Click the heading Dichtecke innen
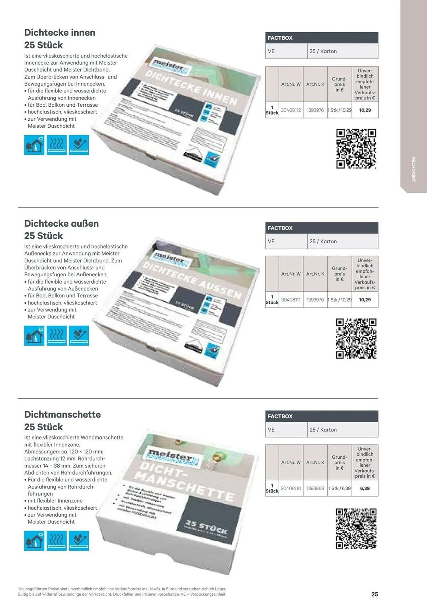click(60, 33)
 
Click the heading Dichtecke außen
click(62, 224)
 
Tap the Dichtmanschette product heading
click(62, 415)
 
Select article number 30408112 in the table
click(291, 110)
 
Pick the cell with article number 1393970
click(315, 300)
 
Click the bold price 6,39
click(365, 488)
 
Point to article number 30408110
click(291, 488)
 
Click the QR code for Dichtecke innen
click(356, 149)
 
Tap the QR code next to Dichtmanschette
click(356, 528)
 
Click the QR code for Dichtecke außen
click(356, 338)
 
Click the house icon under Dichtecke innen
click(34, 145)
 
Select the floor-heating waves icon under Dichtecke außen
click(57, 336)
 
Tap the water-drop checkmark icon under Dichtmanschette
click(79, 541)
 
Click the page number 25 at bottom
click(375, 594)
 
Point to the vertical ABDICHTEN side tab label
click(414, 169)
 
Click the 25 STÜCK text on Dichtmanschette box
click(207, 528)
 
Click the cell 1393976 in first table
click(315, 110)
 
